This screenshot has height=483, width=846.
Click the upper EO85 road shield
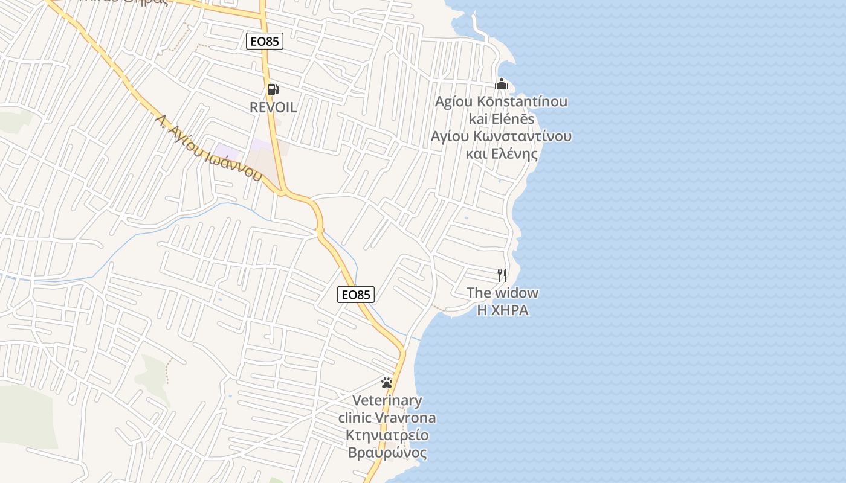click(265, 41)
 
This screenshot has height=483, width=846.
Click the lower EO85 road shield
click(356, 295)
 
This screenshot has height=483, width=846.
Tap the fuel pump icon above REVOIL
click(273, 89)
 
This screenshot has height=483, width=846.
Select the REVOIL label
click(273, 107)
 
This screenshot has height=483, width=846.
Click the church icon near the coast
click(502, 84)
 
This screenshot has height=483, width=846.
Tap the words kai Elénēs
click(502, 118)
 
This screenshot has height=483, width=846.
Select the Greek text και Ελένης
click(502, 153)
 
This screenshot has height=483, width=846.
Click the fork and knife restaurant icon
click(502, 275)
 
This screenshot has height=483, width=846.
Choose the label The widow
click(502, 293)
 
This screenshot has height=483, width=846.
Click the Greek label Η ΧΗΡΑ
click(503, 310)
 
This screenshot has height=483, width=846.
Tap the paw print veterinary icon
click(387, 383)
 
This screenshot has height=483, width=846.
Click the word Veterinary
click(387, 400)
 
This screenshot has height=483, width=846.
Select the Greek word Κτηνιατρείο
click(387, 435)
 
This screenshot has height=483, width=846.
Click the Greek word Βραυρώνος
click(387, 453)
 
